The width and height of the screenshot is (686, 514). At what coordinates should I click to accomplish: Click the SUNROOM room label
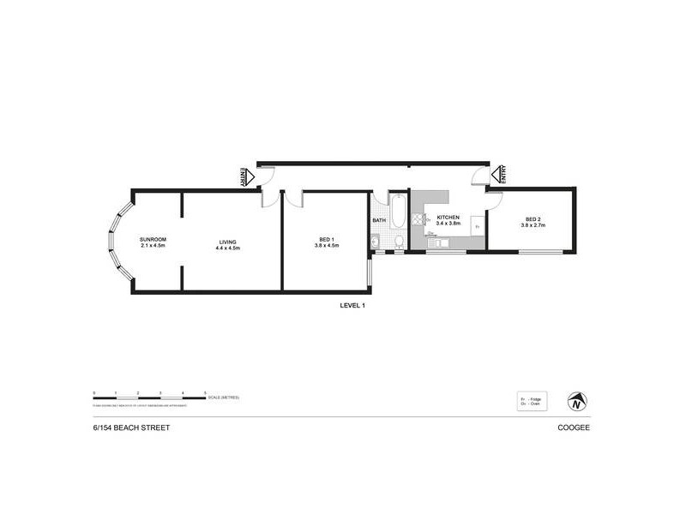tap(152, 239)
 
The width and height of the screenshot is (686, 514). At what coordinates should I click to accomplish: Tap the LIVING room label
tap(227, 239)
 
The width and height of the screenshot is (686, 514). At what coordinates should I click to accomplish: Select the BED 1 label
tap(326, 239)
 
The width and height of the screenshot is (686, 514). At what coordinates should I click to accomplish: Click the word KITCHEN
tap(449, 218)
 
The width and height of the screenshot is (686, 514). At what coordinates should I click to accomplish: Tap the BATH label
tap(378, 221)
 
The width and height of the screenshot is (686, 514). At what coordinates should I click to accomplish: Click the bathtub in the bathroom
tap(399, 212)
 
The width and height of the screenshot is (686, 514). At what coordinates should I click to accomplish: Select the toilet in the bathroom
tap(397, 242)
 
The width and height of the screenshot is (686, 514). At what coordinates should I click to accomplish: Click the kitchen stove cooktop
tap(418, 220)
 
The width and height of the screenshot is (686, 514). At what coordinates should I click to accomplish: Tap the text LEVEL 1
tap(352, 305)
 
